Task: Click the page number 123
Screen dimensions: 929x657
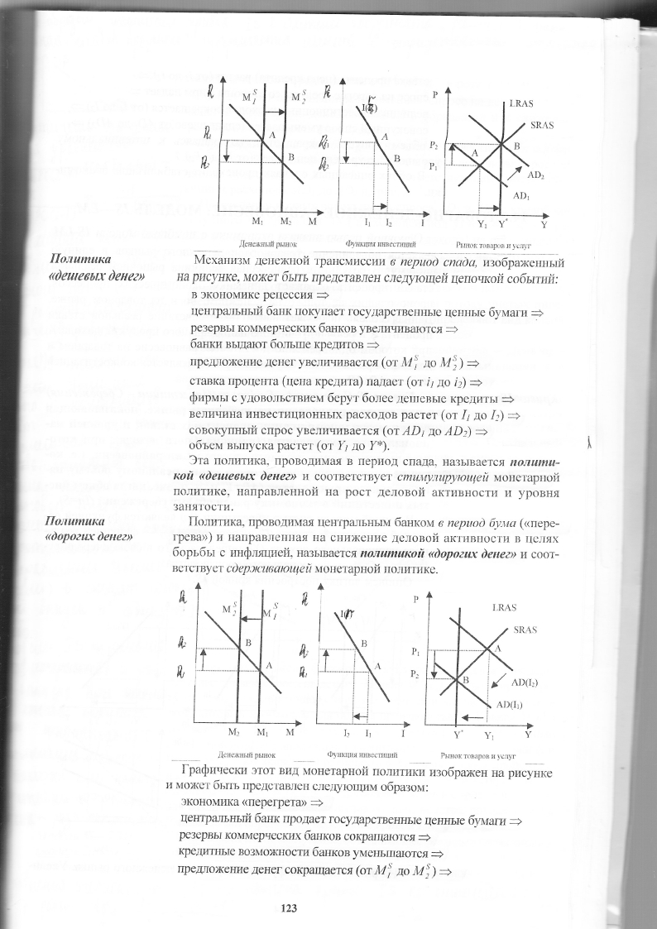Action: pos(289,908)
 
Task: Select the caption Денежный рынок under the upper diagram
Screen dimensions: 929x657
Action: pos(262,245)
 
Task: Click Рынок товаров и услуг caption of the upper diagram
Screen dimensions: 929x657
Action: pos(492,246)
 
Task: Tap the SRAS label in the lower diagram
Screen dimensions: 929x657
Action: pos(526,629)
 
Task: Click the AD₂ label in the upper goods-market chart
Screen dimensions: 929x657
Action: pos(535,175)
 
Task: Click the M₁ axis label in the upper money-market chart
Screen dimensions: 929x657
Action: pos(257,222)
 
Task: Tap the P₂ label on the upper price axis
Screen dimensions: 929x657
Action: pos(434,146)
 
